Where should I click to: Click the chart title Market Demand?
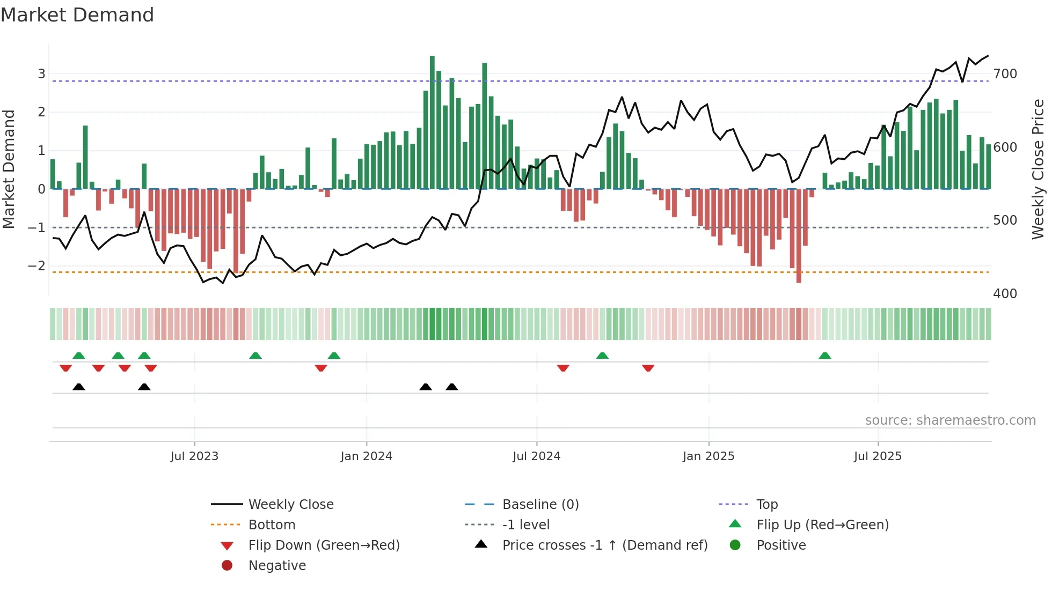pos(77,15)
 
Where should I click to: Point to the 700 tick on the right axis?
pos(1005,74)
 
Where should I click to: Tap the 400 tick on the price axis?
pos(1005,294)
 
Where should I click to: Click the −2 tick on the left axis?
pos(36,266)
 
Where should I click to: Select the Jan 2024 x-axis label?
pos(367,456)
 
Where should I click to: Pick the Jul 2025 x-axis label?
pos(878,456)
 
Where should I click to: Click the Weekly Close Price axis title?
pos(1038,169)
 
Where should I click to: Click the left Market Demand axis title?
pos(9,169)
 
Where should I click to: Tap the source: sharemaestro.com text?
pos(950,420)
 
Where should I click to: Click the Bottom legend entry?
pos(272,525)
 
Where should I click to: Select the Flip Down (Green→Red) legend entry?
pos(324,545)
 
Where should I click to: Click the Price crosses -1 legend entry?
pos(605,545)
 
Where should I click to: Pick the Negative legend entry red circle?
pos(227,566)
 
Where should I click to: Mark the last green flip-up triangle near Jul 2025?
pos(825,356)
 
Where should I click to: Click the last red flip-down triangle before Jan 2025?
pos(648,368)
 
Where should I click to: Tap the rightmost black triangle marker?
pos(452,387)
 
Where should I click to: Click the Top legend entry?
pos(767,505)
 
